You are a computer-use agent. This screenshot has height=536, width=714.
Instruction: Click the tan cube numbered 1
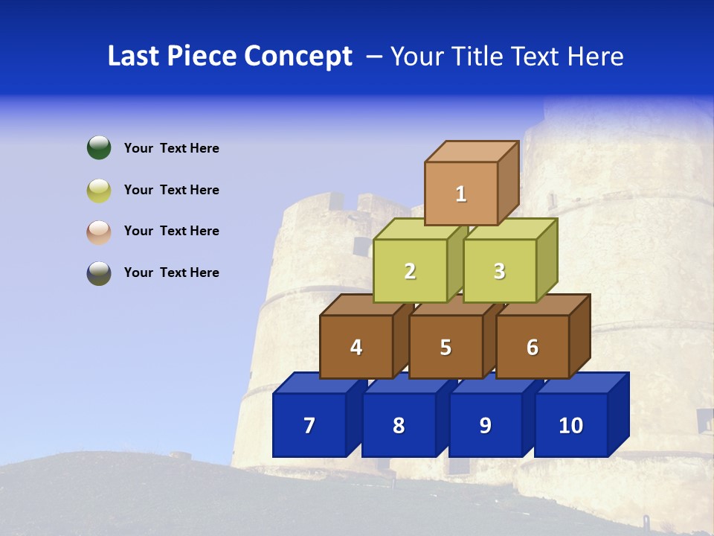point(461,194)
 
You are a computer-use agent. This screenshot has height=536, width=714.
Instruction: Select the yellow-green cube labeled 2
point(410,271)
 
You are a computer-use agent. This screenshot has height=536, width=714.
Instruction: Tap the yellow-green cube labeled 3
point(499,271)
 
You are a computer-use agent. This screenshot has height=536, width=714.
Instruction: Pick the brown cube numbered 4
point(356,347)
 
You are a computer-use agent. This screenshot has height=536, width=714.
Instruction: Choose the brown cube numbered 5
point(446,347)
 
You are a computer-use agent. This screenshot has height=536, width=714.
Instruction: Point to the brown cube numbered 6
point(533,347)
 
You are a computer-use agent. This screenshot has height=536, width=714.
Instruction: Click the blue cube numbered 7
point(309,425)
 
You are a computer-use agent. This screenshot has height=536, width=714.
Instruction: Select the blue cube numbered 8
point(399,425)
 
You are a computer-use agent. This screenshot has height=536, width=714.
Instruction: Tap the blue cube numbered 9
point(486,425)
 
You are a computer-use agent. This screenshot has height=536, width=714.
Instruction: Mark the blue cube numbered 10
point(571,425)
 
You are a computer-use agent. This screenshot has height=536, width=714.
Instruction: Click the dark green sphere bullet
point(99,147)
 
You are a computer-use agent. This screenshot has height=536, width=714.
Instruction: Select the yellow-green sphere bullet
point(99,190)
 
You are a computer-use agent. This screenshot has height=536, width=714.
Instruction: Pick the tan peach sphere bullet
point(99,232)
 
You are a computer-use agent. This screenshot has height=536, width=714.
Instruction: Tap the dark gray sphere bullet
point(99,273)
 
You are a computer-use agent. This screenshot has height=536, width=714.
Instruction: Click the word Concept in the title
point(297,57)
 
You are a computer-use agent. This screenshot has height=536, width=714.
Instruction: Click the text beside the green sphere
point(171,148)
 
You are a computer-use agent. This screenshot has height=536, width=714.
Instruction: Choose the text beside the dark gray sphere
point(171,272)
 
